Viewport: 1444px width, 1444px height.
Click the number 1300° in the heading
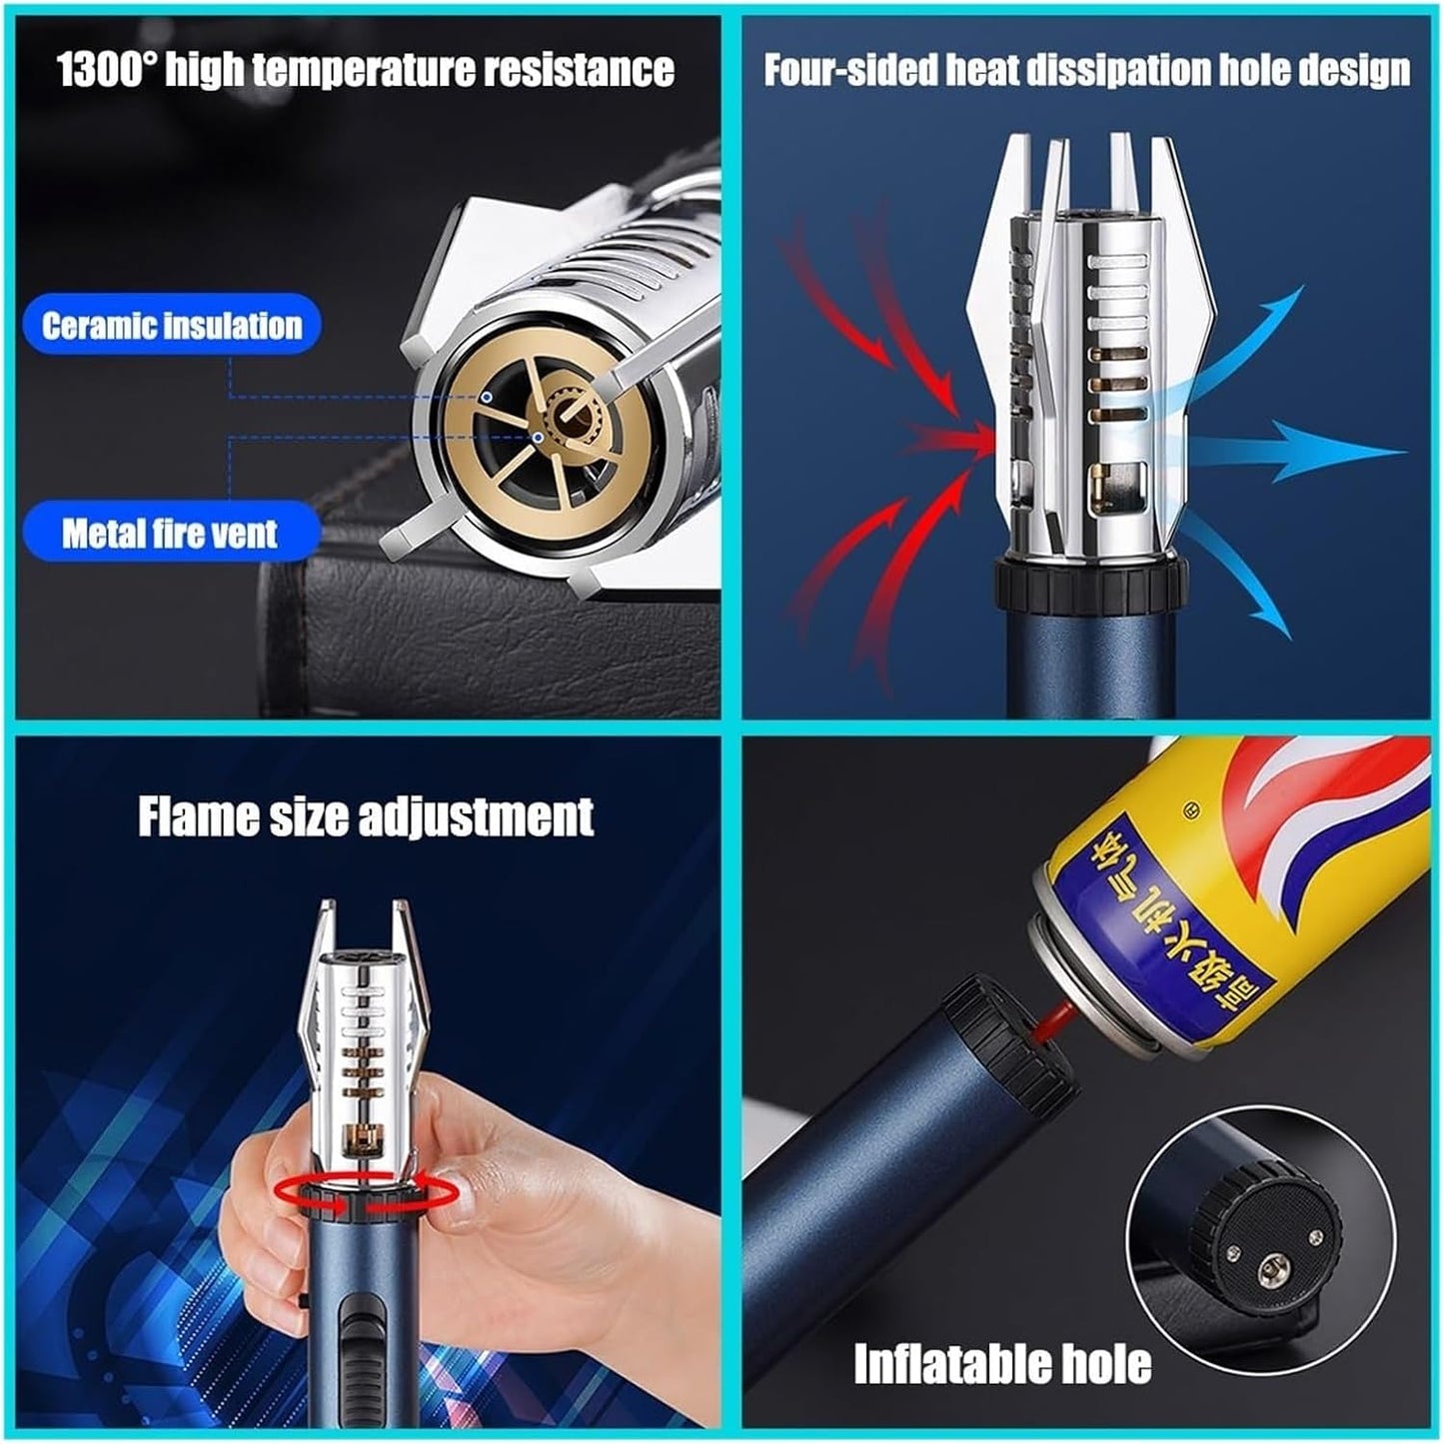point(106,70)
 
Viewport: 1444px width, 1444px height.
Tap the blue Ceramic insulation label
point(171,326)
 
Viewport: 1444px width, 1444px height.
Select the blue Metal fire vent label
point(170,533)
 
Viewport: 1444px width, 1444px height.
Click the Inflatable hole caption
point(1002,1363)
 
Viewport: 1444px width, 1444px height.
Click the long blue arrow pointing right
point(1299,452)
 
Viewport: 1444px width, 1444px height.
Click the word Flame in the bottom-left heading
point(199,816)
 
